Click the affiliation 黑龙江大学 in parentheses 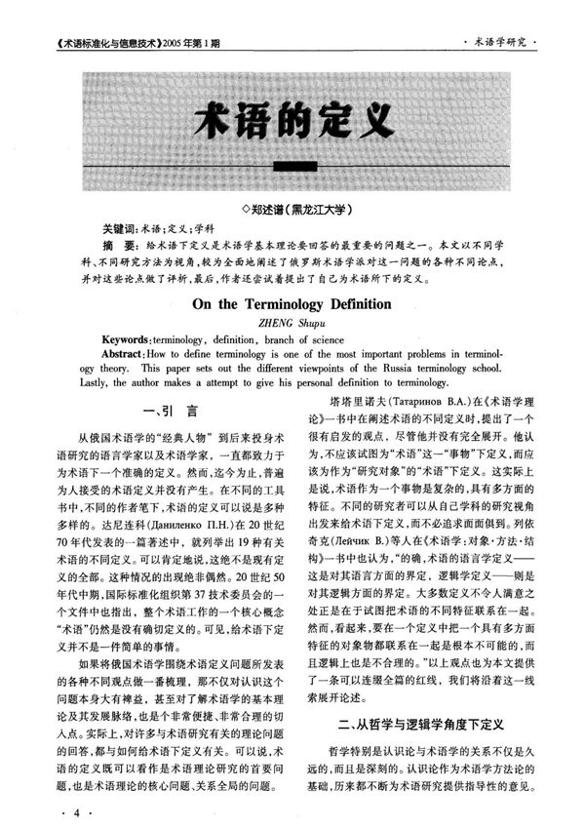321,209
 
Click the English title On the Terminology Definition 292,303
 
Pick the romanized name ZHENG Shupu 292,321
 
